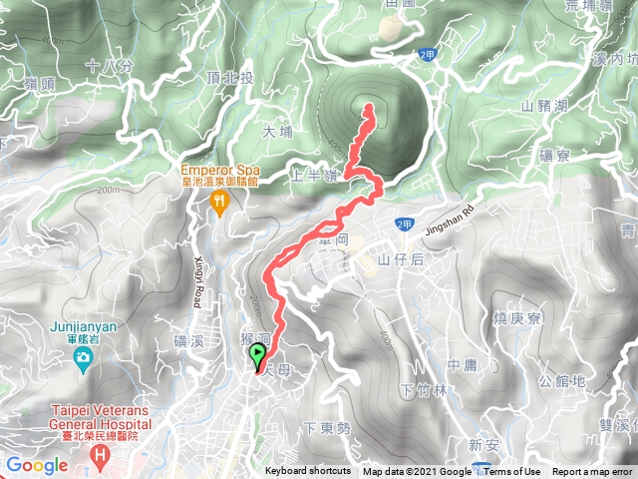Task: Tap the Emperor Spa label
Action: point(219,170)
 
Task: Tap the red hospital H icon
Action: point(99,457)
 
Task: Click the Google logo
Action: point(36,465)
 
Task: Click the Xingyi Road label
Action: point(196,285)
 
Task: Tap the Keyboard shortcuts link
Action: point(307,472)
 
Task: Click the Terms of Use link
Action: point(512,472)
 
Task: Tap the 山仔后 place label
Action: point(401,259)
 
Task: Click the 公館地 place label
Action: point(561,380)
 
